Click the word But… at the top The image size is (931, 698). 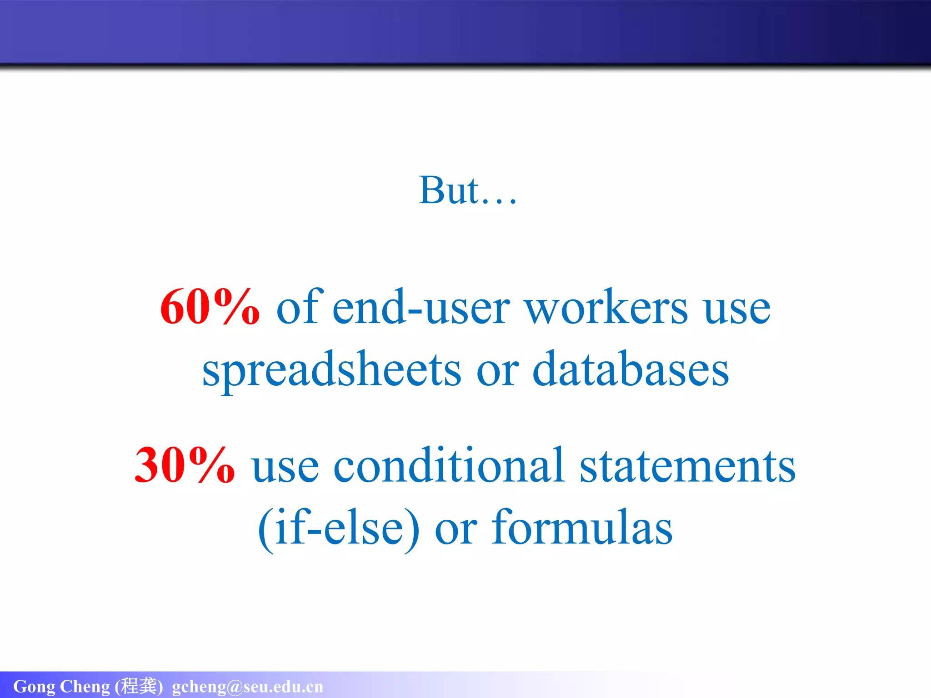click(467, 190)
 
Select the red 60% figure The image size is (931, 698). click(210, 308)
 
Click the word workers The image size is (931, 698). click(606, 308)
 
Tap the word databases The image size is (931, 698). click(631, 369)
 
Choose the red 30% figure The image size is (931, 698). click(185, 465)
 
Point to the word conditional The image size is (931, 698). click(449, 465)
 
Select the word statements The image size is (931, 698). click(687, 466)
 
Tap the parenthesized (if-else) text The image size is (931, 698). click(339, 528)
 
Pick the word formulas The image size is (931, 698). click(582, 528)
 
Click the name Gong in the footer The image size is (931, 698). click(34, 687)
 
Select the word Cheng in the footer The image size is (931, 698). click(85, 687)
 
